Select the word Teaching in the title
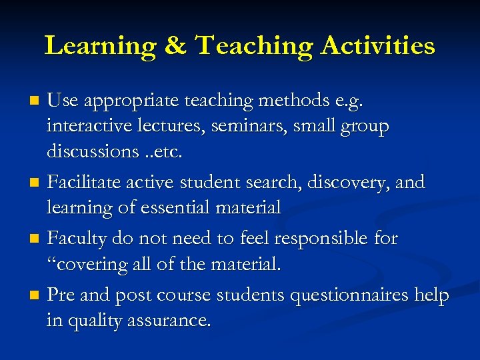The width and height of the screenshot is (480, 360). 254,46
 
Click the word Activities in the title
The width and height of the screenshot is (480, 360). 378,46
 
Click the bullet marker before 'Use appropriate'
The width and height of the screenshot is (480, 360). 36,101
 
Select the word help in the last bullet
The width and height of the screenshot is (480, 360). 432,295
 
